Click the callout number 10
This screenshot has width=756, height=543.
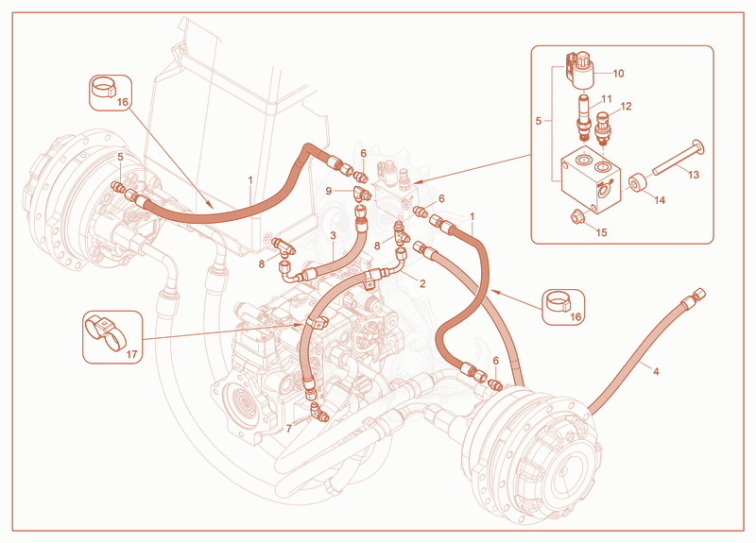(x=618, y=74)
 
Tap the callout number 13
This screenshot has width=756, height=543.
(x=694, y=175)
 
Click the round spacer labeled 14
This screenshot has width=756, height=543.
(x=637, y=183)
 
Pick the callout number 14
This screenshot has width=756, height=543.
(x=659, y=199)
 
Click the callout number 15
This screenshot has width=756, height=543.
(x=601, y=232)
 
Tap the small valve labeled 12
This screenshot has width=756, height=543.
(x=603, y=127)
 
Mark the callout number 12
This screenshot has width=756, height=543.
(x=626, y=106)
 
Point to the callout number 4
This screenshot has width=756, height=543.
(x=656, y=371)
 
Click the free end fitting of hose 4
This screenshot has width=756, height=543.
(x=697, y=294)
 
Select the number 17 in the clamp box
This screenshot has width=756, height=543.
(x=131, y=354)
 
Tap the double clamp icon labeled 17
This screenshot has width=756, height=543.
(x=105, y=332)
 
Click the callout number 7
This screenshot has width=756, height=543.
(x=289, y=429)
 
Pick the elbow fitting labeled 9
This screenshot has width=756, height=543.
(x=362, y=194)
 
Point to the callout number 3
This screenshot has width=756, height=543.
(x=333, y=235)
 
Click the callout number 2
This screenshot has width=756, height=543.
(x=422, y=283)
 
